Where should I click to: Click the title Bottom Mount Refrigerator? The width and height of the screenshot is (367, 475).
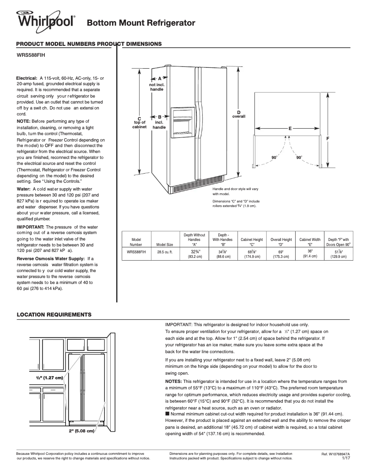coord(141,23)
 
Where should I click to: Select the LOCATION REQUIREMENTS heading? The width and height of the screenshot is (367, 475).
coord(54,315)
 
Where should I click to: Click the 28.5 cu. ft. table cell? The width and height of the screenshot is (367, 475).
coord(165,252)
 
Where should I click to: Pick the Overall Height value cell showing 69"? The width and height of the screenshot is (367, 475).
coord(281,254)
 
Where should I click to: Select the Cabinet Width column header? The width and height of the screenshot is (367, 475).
coord(310,242)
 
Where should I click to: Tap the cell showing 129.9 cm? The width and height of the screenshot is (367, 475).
coord(339,257)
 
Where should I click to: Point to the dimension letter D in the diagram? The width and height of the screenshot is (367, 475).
coord(238,113)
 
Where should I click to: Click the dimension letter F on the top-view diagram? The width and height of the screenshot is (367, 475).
coord(328,138)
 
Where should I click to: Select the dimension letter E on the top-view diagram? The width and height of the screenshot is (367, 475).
coord(290,129)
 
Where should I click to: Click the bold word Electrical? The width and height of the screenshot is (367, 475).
coord(27,79)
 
